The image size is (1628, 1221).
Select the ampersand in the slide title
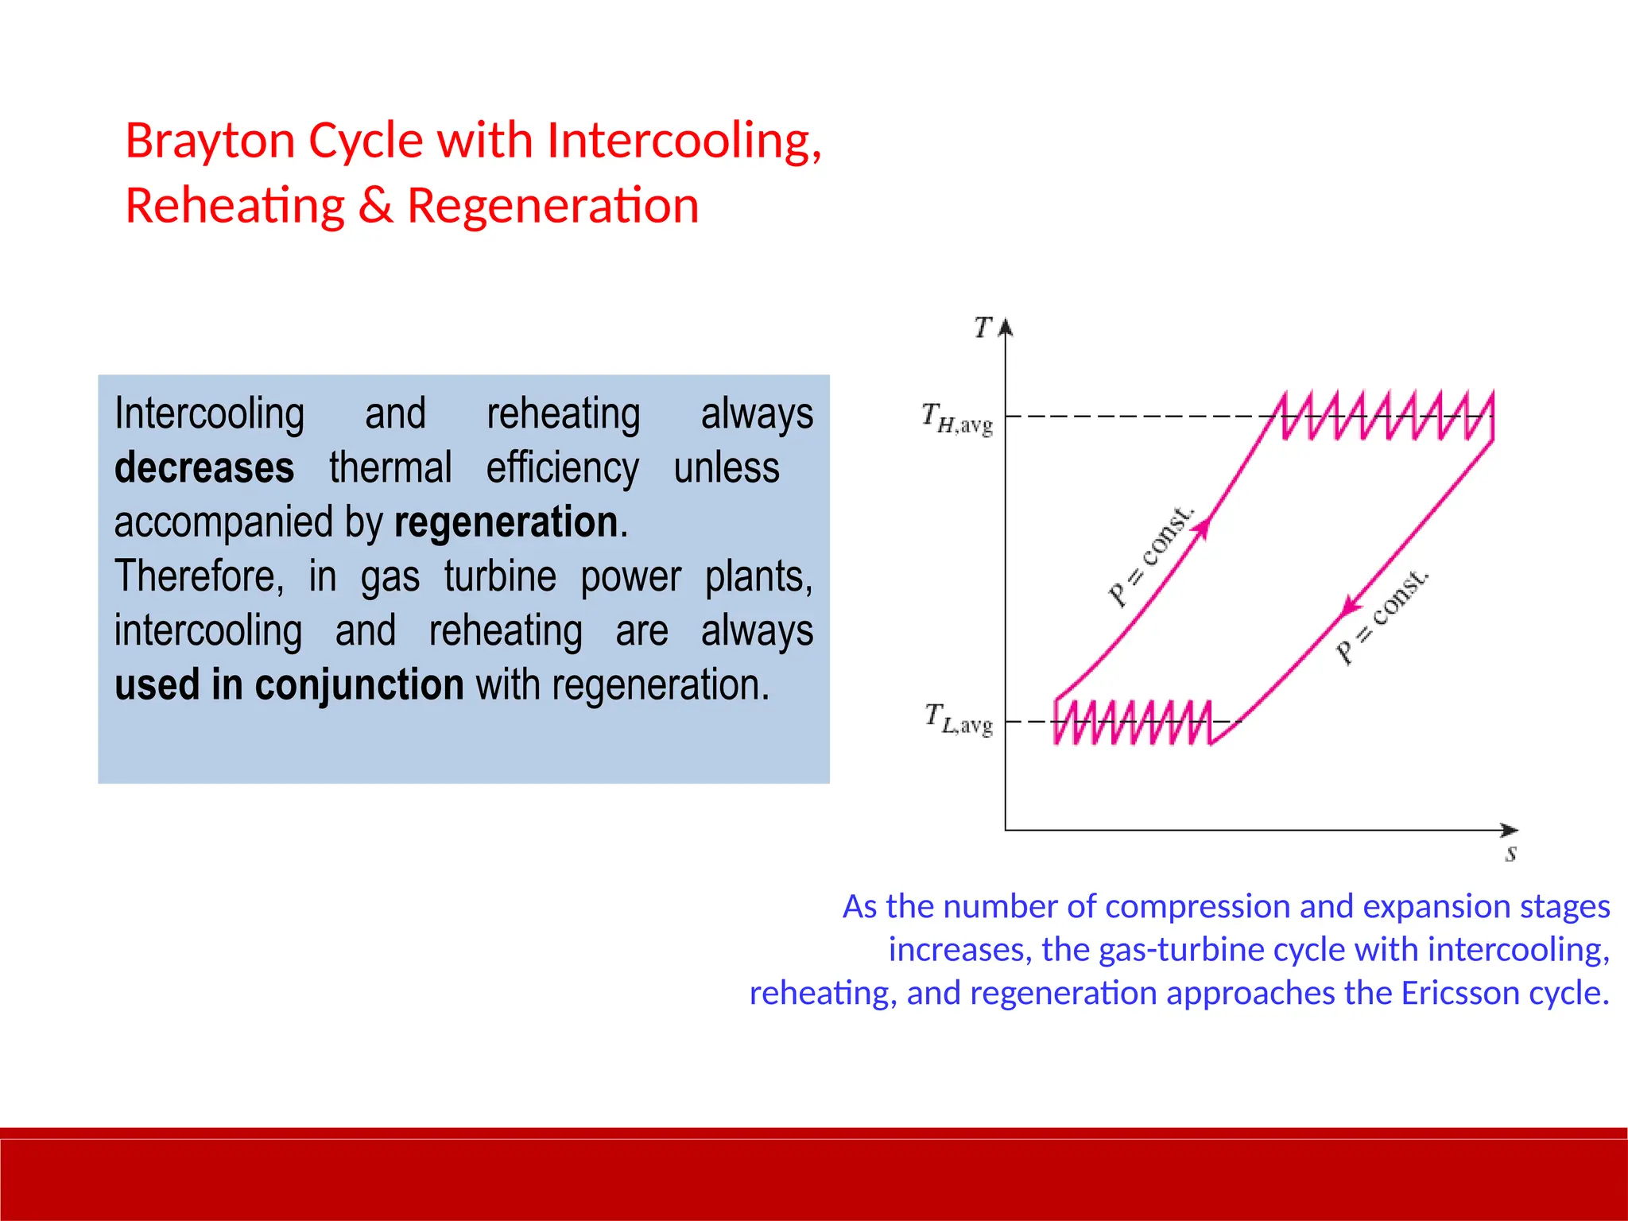point(375,206)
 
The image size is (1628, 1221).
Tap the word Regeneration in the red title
point(552,206)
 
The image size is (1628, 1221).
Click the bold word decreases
point(204,467)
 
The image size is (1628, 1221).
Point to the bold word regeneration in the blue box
point(506,523)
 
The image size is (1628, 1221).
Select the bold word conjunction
point(359,684)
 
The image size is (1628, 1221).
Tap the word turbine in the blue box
point(500,576)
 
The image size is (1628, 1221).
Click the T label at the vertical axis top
point(983,327)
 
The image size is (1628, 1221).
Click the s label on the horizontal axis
point(1510,854)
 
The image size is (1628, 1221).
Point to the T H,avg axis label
point(956,418)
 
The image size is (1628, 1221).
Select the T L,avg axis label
point(958,719)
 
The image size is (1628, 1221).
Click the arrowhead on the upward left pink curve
point(1204,528)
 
